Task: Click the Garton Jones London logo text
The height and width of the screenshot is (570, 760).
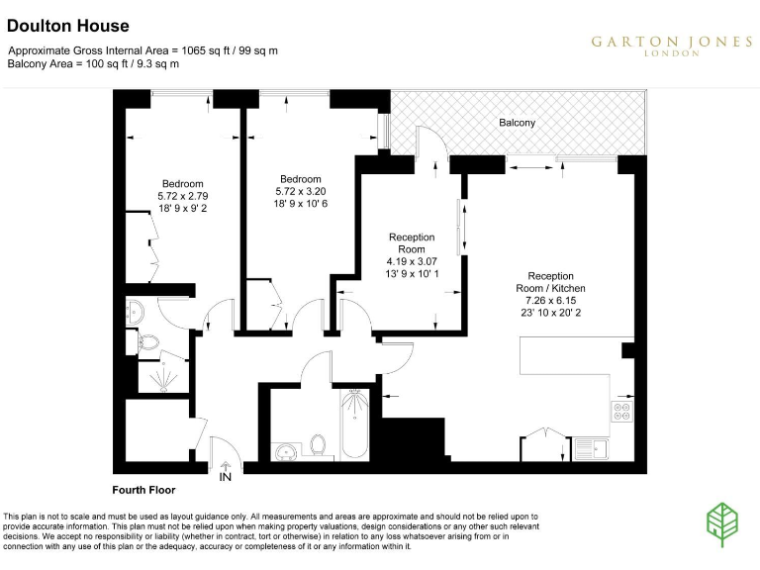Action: click(671, 45)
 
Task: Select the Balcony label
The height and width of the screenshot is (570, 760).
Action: click(517, 123)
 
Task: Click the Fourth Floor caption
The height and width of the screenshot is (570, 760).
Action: click(142, 490)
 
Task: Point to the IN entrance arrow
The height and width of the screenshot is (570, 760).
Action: click(226, 472)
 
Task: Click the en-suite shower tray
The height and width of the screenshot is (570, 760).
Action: click(153, 376)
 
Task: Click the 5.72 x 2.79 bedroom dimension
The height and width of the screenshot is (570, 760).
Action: click(183, 197)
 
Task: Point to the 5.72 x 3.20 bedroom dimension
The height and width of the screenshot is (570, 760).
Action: click(300, 191)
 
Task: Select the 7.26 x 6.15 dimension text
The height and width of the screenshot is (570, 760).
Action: click(551, 300)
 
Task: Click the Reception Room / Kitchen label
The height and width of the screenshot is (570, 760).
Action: click(551, 282)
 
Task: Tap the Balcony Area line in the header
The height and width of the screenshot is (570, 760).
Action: click(93, 63)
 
